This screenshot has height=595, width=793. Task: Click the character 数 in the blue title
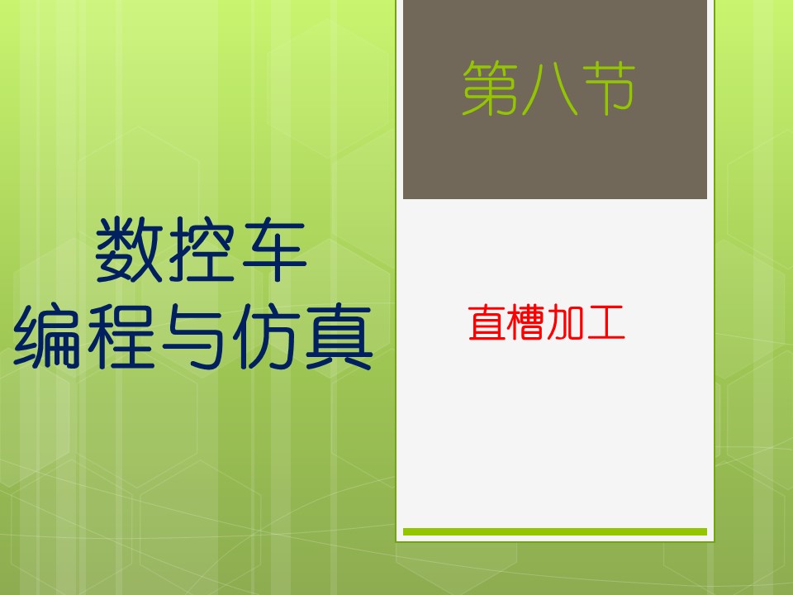click(x=129, y=250)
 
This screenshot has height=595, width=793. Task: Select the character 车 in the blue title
click(x=274, y=250)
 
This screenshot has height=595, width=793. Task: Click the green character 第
click(x=490, y=88)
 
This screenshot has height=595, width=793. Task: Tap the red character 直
click(x=487, y=321)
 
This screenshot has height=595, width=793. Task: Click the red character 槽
click(x=526, y=321)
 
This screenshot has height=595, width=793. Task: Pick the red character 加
click(x=566, y=322)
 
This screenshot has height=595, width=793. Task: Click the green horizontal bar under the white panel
click(x=555, y=531)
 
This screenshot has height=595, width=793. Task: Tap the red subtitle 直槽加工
click(x=547, y=321)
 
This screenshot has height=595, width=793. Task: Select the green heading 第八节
click(x=548, y=88)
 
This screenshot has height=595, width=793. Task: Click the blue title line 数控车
click(x=201, y=250)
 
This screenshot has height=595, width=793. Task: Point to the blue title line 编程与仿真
click(x=192, y=336)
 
